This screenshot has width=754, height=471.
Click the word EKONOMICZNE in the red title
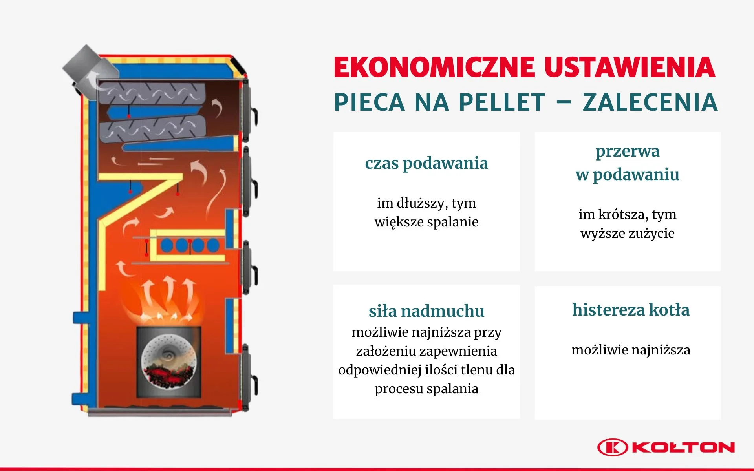point(434,67)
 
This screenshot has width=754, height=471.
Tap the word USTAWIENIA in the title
point(630,67)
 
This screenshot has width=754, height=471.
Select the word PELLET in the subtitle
point(502,102)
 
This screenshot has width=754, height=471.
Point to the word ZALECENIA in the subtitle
point(650,102)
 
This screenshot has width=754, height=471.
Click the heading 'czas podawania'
point(426,163)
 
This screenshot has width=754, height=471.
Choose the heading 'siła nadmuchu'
point(426,311)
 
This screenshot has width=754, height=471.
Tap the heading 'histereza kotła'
point(631,310)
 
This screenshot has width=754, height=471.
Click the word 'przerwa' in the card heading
point(628,152)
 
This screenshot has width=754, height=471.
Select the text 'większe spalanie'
point(426,222)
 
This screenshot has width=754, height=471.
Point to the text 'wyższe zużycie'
point(628,234)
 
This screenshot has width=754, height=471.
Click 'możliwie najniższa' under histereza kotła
point(631,350)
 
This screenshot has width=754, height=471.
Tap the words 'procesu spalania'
point(426,389)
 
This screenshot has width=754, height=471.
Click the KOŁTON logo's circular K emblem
point(613,447)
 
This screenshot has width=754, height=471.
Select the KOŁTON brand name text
point(684,447)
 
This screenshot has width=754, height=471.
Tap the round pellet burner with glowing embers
point(169,361)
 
